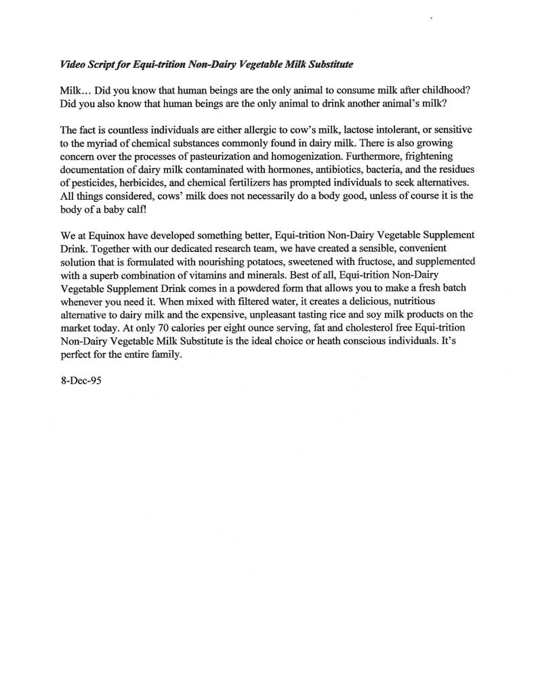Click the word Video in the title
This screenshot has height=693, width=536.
click(73, 64)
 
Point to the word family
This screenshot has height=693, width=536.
click(165, 354)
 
